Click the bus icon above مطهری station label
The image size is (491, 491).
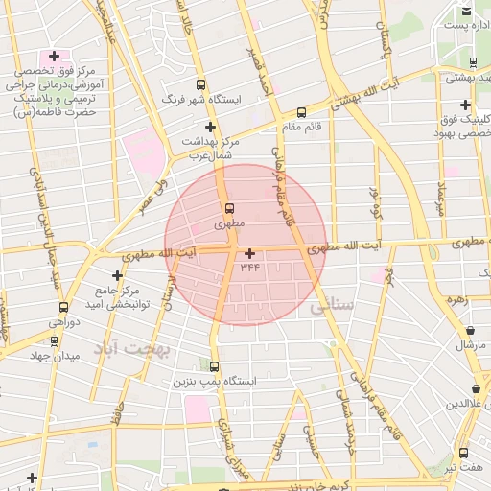click(x=229, y=208)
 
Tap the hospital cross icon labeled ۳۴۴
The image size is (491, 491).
click(x=250, y=253)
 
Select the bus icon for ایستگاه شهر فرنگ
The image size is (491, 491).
click(x=199, y=84)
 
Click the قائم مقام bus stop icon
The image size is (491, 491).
click(x=302, y=111)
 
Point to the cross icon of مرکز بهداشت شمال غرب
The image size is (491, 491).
click(x=210, y=127)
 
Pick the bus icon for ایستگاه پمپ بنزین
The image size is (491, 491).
click(x=213, y=366)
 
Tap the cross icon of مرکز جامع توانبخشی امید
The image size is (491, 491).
click(x=118, y=275)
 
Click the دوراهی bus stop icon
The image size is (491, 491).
click(x=63, y=307)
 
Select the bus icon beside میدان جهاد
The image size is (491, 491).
click(x=26, y=342)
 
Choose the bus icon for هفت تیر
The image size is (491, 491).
click(x=464, y=453)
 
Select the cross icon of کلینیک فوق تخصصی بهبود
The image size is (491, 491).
click(x=465, y=105)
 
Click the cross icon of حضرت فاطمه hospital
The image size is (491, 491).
click(x=54, y=57)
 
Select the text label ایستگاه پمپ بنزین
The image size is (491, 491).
click(x=215, y=382)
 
